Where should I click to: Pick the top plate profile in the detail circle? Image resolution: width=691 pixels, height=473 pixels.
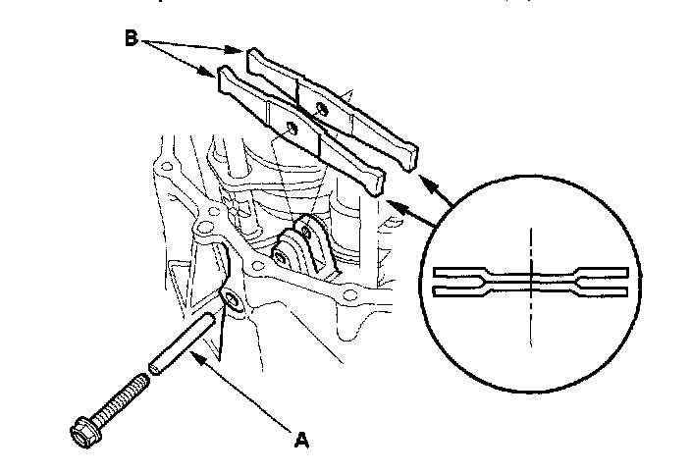click(x=530, y=271)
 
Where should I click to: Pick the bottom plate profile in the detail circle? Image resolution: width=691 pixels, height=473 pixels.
click(x=530, y=289)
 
